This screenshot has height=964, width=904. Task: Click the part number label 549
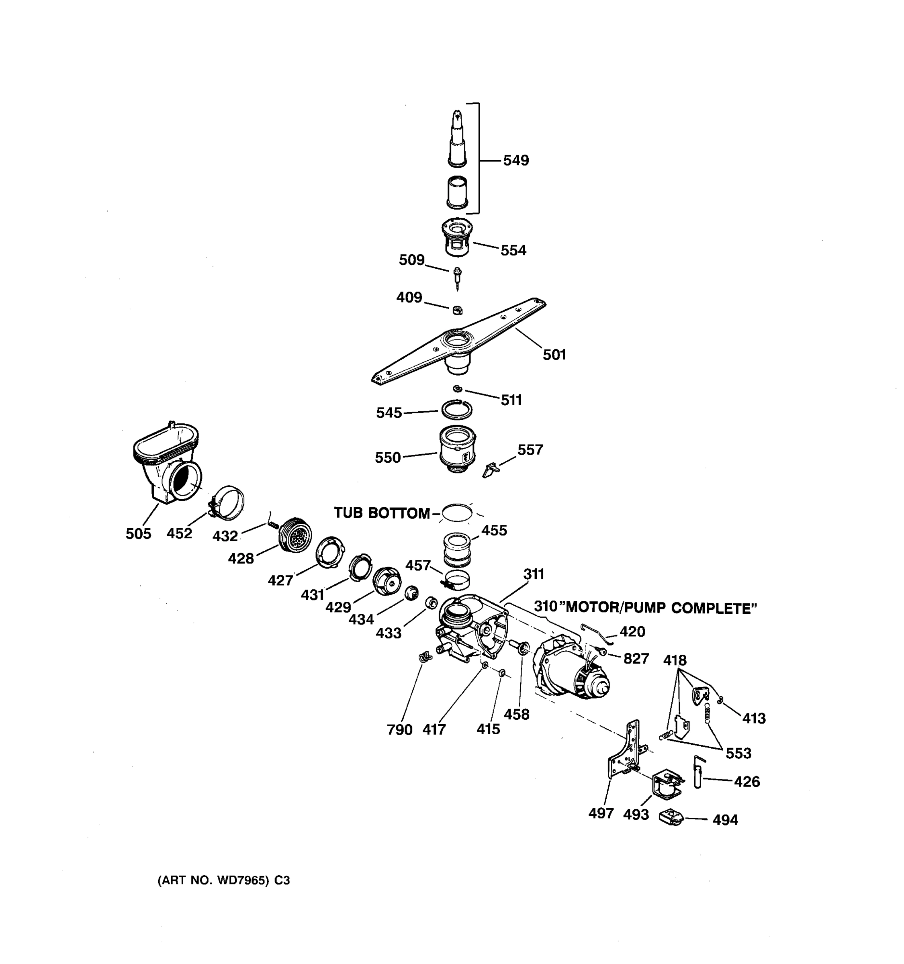(x=515, y=161)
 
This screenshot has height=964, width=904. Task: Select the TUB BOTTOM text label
(x=382, y=513)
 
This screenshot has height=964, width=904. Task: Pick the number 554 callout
(x=513, y=251)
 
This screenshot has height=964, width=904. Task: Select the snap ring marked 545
(x=456, y=410)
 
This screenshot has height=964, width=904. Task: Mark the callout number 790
(x=400, y=730)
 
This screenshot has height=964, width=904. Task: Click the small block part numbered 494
(x=672, y=819)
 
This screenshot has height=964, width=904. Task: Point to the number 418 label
(x=675, y=660)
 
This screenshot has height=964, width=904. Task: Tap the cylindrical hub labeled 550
(x=457, y=449)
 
